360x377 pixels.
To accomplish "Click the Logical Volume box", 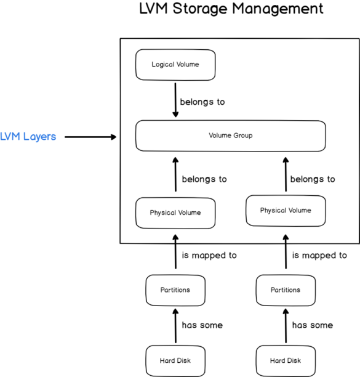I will coord(175,64).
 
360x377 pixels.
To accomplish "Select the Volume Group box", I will coord(230,136).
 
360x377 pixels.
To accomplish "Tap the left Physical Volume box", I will coord(175,213).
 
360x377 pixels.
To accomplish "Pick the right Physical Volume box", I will coord(286,211).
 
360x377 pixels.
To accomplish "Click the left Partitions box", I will coord(175,290).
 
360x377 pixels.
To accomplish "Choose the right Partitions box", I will coord(286,290).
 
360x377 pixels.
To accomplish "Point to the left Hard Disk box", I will coord(175,360).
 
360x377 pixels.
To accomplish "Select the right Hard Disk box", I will coord(286,360).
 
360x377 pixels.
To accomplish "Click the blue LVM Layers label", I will coord(28,137).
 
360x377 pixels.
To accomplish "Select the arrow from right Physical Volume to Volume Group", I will coord(286,175).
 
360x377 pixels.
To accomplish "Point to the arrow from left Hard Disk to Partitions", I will coord(175,325).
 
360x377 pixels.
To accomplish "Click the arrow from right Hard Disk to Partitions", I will coord(286,325).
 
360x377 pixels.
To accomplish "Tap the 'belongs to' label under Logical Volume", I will coord(202,102).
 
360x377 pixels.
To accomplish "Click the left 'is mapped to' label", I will coord(209,255).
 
